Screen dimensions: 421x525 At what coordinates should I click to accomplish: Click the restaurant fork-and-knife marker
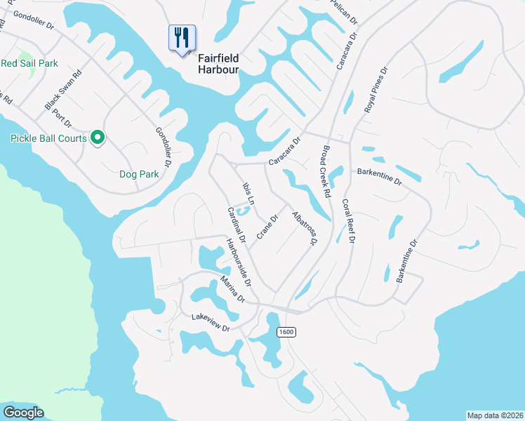click(x=182, y=38)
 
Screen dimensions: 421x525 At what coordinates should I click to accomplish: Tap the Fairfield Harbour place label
click(x=218, y=65)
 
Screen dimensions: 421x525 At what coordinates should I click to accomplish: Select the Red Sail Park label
click(x=29, y=63)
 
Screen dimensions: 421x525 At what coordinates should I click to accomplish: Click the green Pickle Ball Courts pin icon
click(x=98, y=138)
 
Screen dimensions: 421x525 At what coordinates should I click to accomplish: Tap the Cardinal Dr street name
click(x=236, y=225)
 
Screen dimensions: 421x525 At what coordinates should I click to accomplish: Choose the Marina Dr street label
click(x=232, y=289)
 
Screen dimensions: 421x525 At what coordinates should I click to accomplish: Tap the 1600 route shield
click(x=286, y=332)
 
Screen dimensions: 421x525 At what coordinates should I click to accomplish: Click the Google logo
click(x=23, y=413)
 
